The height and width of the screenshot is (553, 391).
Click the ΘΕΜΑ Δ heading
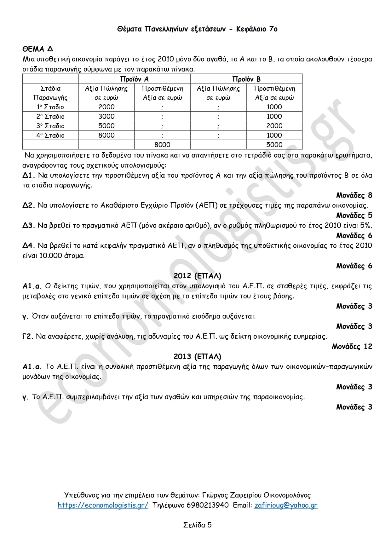click(37, 49)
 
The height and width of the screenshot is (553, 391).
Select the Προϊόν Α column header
click(134, 79)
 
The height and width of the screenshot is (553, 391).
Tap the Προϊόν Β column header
click(246, 79)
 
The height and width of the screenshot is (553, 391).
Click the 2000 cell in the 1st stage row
click(106, 107)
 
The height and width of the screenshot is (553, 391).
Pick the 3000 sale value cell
click(106, 116)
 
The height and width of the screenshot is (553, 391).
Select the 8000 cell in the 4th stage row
click(106, 135)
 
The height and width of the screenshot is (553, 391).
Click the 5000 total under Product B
click(274, 145)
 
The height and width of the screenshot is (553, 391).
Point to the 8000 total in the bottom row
click(162, 145)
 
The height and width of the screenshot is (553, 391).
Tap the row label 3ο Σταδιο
click(50, 126)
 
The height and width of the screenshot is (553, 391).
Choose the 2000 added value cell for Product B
click(274, 126)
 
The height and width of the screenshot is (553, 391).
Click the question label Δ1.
click(28, 175)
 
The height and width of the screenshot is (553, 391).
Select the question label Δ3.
click(28, 225)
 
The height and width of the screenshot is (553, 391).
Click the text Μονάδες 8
click(354, 195)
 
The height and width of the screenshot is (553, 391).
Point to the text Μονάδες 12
click(352, 347)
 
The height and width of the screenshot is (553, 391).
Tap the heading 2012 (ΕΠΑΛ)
click(197, 276)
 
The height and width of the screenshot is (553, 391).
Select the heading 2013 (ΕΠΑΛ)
click(197, 356)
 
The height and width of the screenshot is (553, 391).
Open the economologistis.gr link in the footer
click(103, 505)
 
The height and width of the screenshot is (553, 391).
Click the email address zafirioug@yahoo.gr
click(286, 505)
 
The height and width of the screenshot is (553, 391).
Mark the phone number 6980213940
click(208, 505)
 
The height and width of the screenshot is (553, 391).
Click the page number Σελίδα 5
click(197, 525)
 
